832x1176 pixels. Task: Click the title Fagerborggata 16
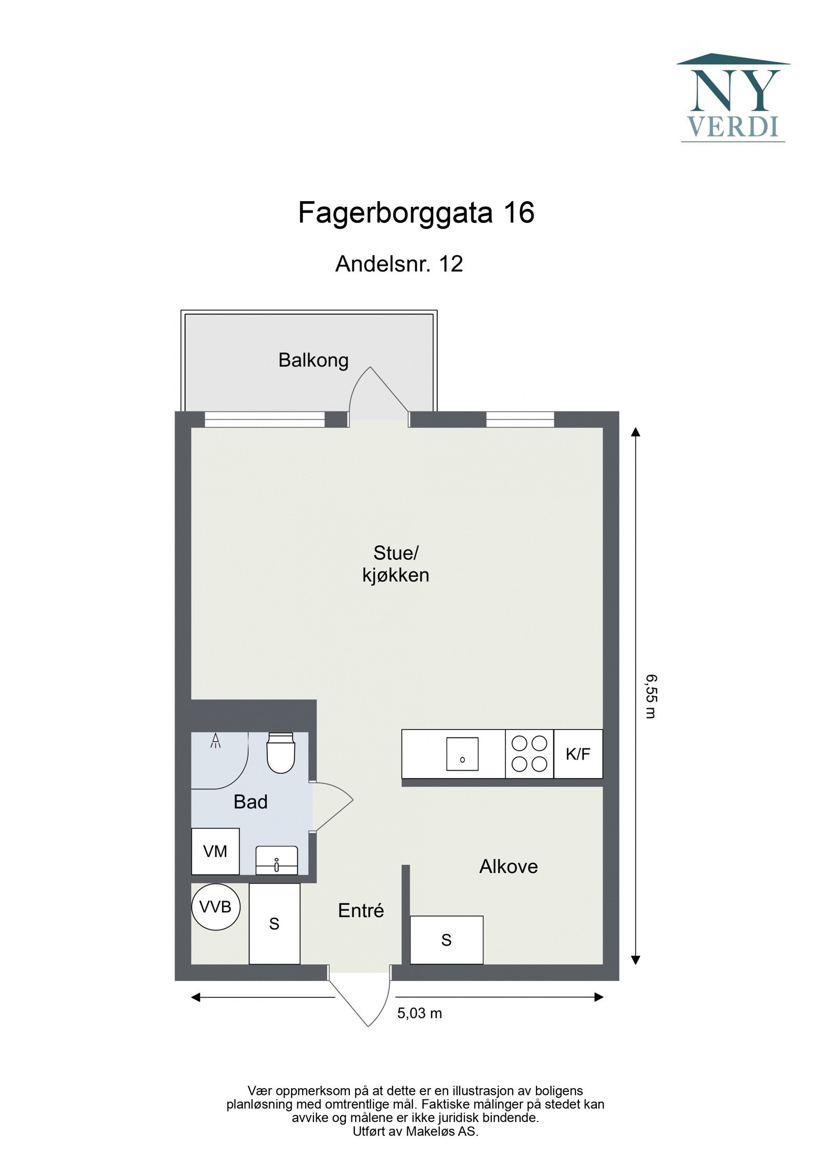(416, 213)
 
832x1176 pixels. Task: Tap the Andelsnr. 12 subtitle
(399, 264)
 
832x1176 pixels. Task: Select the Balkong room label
(313, 360)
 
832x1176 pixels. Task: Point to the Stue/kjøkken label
(396, 564)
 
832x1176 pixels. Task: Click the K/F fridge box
(578, 754)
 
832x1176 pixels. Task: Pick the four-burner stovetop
(529, 754)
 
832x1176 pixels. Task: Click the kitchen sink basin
(462, 754)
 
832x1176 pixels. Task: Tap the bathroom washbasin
(276, 861)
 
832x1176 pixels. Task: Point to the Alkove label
(508, 866)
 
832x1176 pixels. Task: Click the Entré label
(361, 910)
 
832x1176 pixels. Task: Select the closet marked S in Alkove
(446, 940)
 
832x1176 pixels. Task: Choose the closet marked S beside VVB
(274, 923)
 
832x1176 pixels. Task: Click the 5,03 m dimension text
(420, 1013)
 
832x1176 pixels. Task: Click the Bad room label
(251, 802)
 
